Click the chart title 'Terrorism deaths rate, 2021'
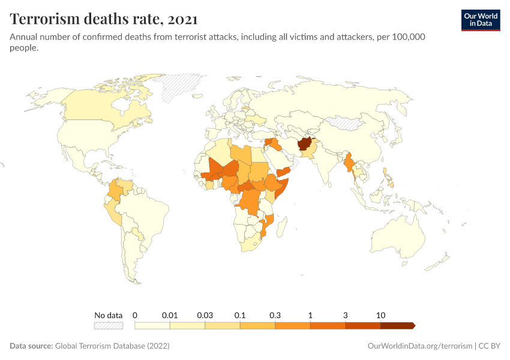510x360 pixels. pos(103,19)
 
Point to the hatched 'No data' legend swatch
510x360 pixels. pos(108,325)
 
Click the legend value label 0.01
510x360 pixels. pos(170,315)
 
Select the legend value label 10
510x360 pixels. pos(380,315)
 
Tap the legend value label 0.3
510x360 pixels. pos(275,315)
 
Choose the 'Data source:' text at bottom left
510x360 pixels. pos(31,346)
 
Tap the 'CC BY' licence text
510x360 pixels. pos(489,346)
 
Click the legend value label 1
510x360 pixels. pos(310,315)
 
